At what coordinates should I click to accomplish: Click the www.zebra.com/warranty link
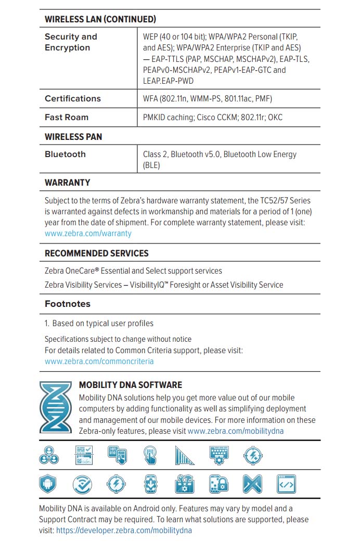click(88, 234)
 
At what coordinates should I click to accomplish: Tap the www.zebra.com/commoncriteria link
click(99, 361)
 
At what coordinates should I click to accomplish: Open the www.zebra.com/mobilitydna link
click(236, 431)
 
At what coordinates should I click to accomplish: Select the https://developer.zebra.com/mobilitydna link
click(124, 531)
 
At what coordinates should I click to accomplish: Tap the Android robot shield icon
click(48, 485)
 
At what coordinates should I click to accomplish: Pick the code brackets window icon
click(286, 485)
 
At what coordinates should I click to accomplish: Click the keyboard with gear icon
click(219, 455)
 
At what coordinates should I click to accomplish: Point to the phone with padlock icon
click(218, 485)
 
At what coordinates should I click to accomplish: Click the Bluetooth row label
click(65, 154)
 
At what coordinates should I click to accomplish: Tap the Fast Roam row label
click(67, 118)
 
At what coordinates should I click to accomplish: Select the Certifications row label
click(73, 99)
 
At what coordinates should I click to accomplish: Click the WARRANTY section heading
click(68, 183)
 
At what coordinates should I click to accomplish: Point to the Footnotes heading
click(68, 304)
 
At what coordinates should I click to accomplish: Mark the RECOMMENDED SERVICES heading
click(97, 253)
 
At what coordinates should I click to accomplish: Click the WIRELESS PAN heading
click(73, 137)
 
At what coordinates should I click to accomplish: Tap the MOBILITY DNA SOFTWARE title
click(130, 385)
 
